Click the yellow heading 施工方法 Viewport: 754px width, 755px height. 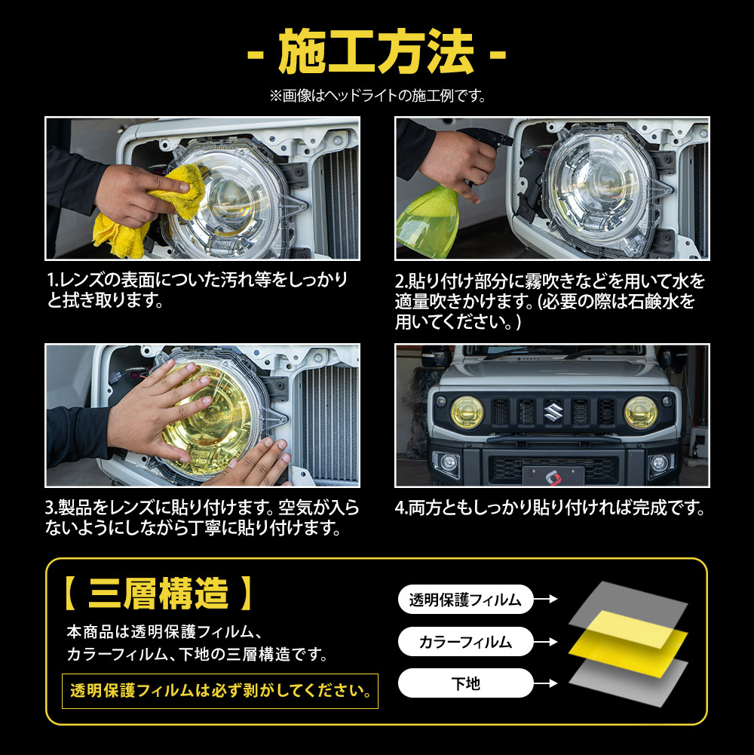point(376,51)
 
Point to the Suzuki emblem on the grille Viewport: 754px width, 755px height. point(553,412)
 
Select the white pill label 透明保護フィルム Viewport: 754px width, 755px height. point(465,600)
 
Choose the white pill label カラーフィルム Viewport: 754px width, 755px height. point(465,641)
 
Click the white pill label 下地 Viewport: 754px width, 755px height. point(465,683)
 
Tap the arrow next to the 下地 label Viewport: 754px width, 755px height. point(545,683)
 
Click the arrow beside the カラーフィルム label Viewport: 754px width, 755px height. point(545,642)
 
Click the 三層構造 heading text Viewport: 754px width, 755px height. point(158,593)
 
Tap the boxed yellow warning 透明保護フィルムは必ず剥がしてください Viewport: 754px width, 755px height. point(220,691)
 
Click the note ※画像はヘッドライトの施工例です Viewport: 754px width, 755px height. point(378,96)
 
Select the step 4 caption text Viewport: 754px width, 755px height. point(550,508)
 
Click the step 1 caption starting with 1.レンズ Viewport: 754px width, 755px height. point(198,290)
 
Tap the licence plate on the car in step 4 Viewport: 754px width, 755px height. point(553,477)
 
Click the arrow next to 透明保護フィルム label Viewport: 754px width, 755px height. point(545,599)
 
